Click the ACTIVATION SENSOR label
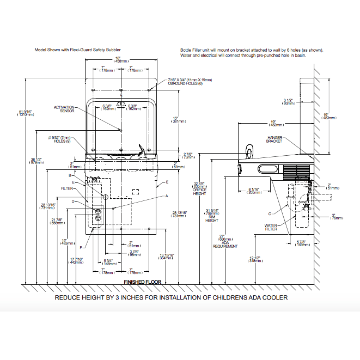point(64,109)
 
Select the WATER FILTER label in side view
point(271,226)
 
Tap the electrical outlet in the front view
point(99,216)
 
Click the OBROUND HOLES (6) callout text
point(186,83)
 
